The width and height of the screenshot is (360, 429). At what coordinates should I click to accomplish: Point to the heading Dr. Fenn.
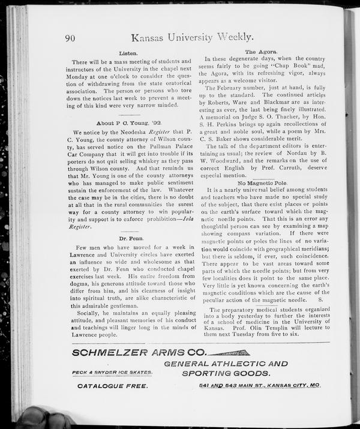point(130,239)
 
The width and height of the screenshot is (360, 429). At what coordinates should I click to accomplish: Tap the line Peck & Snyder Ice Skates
point(112,372)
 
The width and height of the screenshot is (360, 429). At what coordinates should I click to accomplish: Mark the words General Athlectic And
point(226,363)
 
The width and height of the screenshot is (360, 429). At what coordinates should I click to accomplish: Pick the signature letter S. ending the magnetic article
point(320,298)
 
